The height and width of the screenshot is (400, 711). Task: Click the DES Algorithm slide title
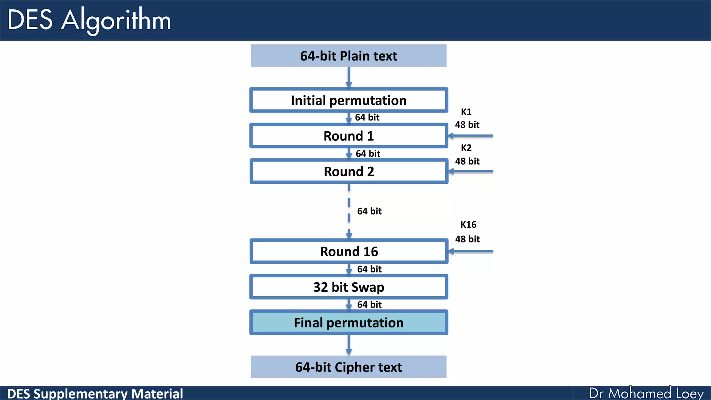coord(89,20)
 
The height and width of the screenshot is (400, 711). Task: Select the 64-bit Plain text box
coord(349,56)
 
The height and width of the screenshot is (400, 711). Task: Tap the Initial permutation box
coord(349,100)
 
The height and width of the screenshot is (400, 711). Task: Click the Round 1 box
coord(349,136)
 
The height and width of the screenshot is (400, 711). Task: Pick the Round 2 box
coord(349,172)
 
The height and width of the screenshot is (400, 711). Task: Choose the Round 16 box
coord(349,251)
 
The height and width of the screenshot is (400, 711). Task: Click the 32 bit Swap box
coord(349,287)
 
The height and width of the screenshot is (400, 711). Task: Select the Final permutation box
coord(349,323)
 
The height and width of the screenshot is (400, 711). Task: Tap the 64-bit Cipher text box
coord(349,367)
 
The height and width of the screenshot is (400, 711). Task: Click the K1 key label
coord(466,112)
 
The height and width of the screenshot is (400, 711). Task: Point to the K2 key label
coord(466,148)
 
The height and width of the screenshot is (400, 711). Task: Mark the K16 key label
coord(468,225)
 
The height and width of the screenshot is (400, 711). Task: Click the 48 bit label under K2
coord(467,161)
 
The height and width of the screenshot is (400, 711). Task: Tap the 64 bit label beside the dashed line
coord(369,211)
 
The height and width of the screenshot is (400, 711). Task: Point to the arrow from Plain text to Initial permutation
coord(349,77)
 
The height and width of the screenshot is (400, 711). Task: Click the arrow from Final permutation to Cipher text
coord(349,345)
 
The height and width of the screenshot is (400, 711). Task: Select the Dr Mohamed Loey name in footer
coord(646,393)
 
